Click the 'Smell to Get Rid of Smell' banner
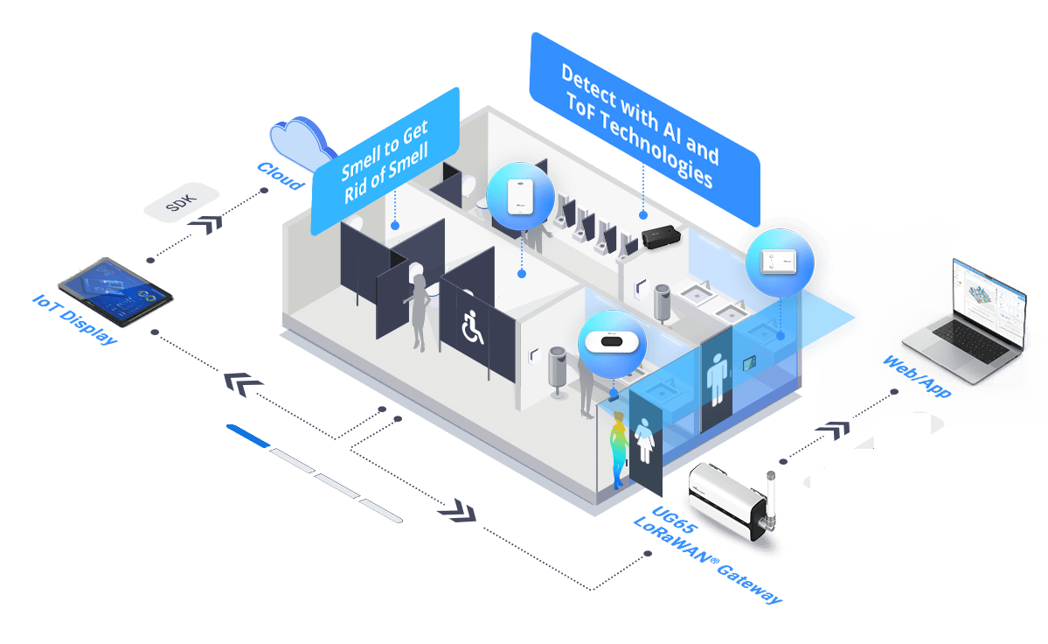tap(385, 159)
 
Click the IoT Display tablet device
tap(114, 290)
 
